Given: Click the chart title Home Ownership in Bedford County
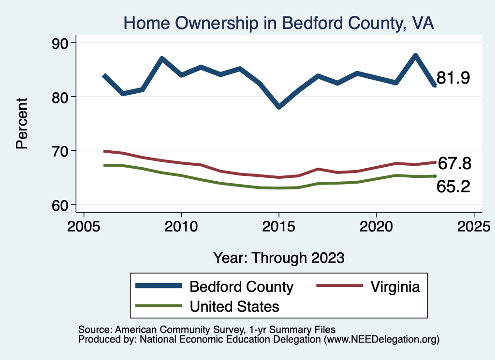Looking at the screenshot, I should tap(279, 23).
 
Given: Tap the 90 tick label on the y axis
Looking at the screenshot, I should tap(60, 43).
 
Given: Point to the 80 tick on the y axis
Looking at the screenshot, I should tap(60, 97).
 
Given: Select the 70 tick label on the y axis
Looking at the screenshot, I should tap(60, 151).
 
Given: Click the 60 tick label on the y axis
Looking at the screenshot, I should tap(60, 205).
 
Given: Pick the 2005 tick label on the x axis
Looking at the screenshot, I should tap(84, 227).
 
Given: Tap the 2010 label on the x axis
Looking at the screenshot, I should tap(181, 227).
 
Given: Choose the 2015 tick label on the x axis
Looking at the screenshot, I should tap(279, 227).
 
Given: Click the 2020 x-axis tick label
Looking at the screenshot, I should tap(376, 227).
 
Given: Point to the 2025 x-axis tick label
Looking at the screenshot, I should tap(474, 227).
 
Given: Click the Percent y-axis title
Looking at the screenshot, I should tap(22, 123).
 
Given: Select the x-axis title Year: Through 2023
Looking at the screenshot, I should tap(279, 258).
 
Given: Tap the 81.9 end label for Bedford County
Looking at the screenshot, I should tap(453, 78).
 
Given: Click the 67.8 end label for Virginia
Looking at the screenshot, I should tap(454, 164).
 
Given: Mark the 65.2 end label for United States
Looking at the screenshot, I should tap(453, 187).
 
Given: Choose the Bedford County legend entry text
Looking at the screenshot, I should tap(241, 287).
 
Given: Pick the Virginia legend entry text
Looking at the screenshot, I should tap(395, 287).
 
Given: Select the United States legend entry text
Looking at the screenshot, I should tap(234, 306).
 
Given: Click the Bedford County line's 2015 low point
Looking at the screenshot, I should tap(279, 107).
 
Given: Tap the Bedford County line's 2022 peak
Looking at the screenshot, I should tap(415, 56).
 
